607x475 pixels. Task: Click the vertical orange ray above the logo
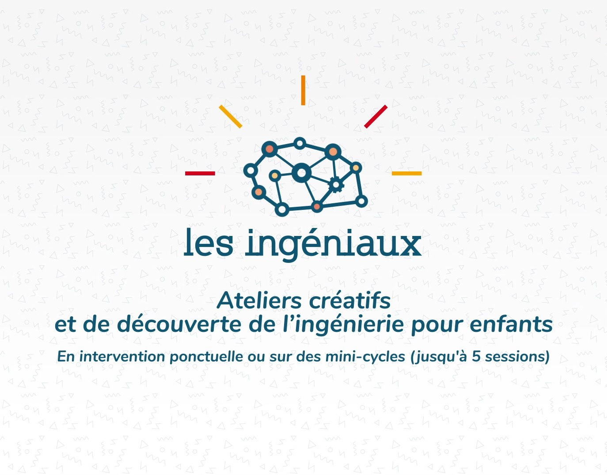click(303, 90)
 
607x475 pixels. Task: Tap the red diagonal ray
click(376, 117)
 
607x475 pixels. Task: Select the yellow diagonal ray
click(231, 117)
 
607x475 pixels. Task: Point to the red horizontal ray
click(200, 174)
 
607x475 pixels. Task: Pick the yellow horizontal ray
click(406, 174)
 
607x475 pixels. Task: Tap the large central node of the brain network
click(301, 173)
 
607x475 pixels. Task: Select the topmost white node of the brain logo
click(300, 144)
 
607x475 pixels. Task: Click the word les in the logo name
click(208, 242)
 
